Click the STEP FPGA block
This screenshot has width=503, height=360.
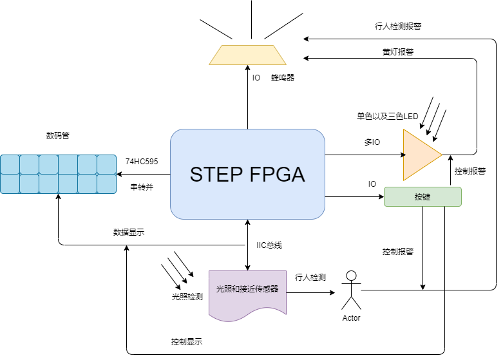pos(247,175)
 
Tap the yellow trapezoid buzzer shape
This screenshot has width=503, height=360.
pos(247,55)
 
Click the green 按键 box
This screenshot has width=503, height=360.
pos(422,196)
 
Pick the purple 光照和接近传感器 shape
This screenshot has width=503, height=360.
pos(248,293)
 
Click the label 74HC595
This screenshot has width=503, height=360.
pos(142,161)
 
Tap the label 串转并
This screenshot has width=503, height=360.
pos(142,187)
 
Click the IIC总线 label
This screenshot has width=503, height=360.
pos(269,245)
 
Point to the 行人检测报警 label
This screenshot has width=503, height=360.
pos(398,26)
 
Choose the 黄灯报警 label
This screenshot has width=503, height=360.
pos(398,52)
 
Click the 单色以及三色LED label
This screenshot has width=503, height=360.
pos(388,117)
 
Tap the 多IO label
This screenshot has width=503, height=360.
pos(372,142)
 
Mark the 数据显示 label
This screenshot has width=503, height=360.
pos(128,232)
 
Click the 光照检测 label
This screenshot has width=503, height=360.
pos(187,297)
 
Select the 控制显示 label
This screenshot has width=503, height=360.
pos(187,341)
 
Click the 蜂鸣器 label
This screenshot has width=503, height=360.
pos(282,78)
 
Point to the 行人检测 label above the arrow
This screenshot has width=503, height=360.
pos(310,278)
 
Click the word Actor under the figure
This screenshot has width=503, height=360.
pos(351,317)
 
